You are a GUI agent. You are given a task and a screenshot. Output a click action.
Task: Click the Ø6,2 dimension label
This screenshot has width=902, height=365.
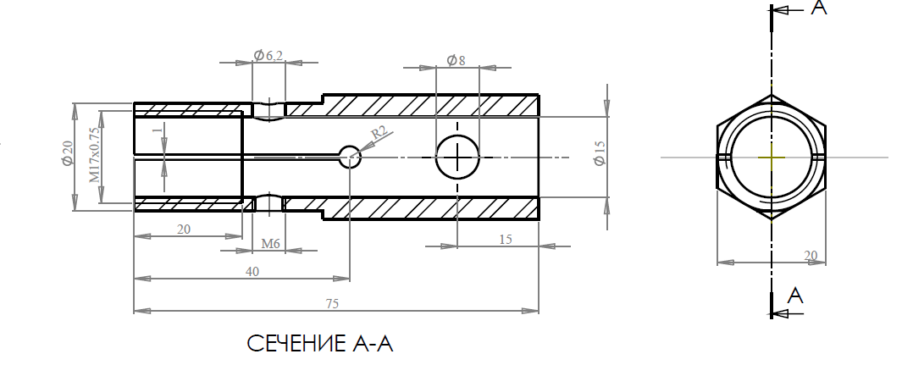point(268,55)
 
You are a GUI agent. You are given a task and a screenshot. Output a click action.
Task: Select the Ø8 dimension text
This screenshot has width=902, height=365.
point(456,60)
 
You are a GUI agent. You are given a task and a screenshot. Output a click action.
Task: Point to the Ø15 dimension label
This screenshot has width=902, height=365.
point(600,153)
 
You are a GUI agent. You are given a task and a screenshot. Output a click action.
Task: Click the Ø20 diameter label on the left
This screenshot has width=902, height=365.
point(68,153)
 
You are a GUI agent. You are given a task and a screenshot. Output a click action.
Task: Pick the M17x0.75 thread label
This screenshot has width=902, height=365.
point(94,155)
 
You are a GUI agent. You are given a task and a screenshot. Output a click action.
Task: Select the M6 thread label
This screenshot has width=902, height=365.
point(270,244)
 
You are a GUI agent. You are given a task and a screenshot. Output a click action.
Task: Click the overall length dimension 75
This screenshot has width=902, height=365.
point(332,304)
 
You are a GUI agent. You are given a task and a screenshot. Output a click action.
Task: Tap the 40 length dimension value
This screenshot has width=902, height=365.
point(252,272)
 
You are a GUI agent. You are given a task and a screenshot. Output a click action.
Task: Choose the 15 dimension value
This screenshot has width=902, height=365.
point(505,239)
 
